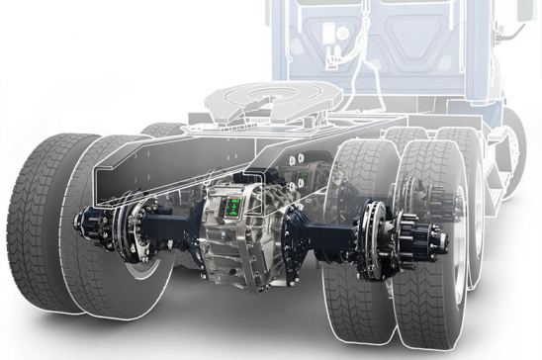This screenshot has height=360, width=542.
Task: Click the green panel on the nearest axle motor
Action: (233, 207)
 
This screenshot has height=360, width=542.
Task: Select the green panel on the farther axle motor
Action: (295, 178)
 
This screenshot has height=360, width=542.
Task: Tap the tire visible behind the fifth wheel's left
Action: (163, 129)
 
